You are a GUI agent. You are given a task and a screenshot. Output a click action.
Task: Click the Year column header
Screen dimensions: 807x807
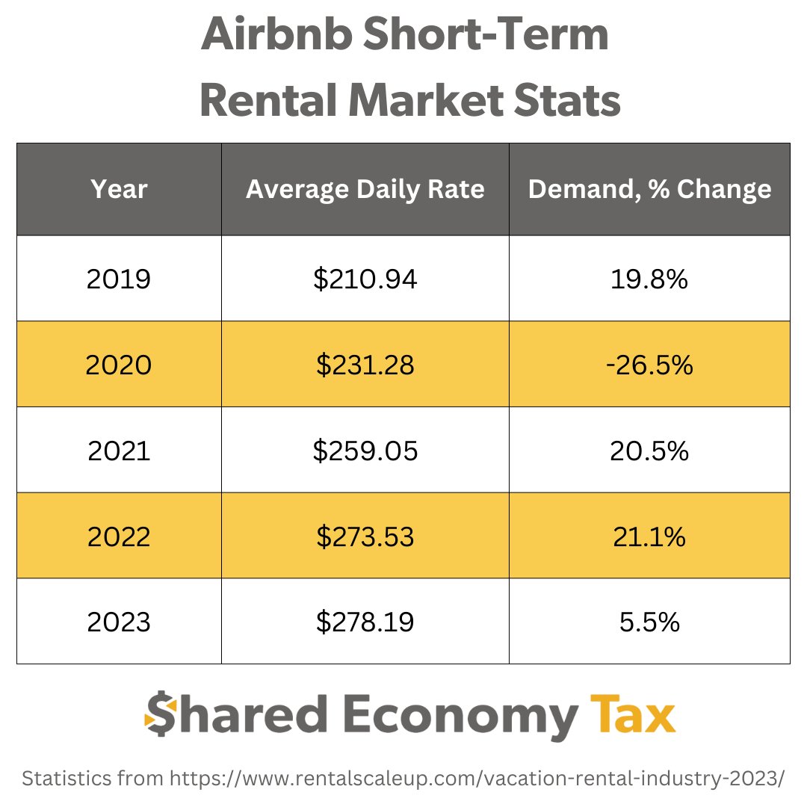pyautogui.click(x=119, y=189)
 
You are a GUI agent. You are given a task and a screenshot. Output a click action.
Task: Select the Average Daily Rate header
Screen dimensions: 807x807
pyautogui.click(x=365, y=189)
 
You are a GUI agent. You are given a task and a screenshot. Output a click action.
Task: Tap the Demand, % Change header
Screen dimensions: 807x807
pyautogui.click(x=649, y=189)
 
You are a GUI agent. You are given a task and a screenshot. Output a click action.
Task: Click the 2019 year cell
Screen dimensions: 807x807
pyautogui.click(x=119, y=279)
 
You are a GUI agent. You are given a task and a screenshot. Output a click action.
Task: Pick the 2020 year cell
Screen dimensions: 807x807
pyautogui.click(x=119, y=365)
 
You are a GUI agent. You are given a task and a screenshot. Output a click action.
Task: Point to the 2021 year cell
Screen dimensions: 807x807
pyautogui.click(x=119, y=451)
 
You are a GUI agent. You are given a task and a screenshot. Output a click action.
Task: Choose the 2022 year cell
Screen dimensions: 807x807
pyautogui.click(x=119, y=536)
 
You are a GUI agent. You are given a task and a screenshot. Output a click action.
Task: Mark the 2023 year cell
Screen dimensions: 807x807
pyautogui.click(x=119, y=622)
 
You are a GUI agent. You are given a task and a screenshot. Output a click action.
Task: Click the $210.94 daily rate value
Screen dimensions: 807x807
pyautogui.click(x=365, y=279)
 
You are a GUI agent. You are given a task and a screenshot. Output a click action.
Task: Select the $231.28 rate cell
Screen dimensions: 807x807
pyautogui.click(x=365, y=365)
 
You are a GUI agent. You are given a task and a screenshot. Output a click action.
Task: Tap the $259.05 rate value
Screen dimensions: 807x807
pyautogui.click(x=365, y=451)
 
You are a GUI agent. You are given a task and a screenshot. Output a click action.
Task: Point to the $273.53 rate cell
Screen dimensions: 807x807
pyautogui.click(x=365, y=536)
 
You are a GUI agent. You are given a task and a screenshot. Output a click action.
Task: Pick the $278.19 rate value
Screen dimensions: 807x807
pyautogui.click(x=365, y=622)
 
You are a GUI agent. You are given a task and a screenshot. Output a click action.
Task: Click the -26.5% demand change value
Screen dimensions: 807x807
pyautogui.click(x=649, y=365)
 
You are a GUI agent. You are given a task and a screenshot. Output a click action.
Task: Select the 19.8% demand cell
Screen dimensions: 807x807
pyautogui.click(x=649, y=279)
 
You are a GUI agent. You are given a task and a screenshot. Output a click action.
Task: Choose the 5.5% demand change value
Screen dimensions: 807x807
pyautogui.click(x=649, y=622)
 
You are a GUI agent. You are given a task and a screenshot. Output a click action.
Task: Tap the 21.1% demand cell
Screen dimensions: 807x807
pyautogui.click(x=649, y=536)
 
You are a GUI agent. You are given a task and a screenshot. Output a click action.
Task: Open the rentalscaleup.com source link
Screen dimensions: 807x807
pyautogui.click(x=477, y=779)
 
